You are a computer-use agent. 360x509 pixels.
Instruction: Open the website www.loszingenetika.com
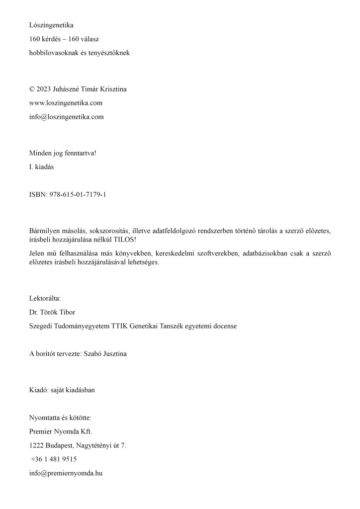(x=66, y=103)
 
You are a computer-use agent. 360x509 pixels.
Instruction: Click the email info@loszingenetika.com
(x=66, y=117)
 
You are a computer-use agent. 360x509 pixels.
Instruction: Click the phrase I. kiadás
(x=42, y=167)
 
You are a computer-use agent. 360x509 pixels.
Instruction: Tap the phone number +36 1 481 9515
(x=53, y=459)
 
